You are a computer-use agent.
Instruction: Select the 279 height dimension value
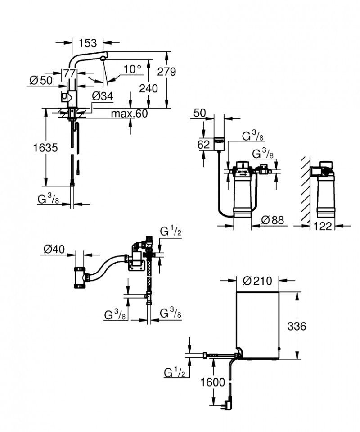167,72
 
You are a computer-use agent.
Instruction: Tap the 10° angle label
133,69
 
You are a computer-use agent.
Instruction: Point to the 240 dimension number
148,88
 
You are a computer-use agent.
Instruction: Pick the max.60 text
129,114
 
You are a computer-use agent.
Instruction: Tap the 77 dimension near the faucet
69,73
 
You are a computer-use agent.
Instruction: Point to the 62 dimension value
204,145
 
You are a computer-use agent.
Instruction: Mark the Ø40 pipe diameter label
54,249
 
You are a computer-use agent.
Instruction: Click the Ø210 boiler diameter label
257,281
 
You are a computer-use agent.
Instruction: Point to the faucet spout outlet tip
103,58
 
